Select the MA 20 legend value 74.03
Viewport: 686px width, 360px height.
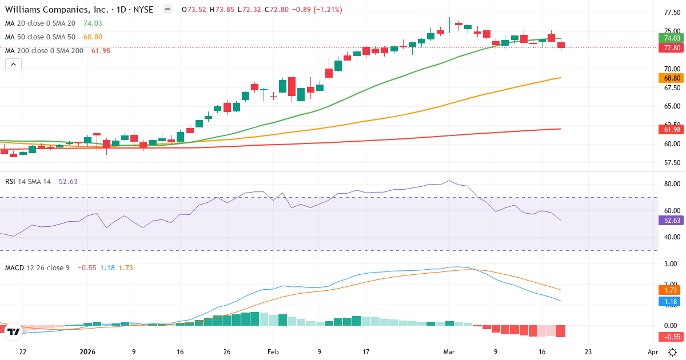coord(93,23)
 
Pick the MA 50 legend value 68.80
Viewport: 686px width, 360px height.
coord(93,37)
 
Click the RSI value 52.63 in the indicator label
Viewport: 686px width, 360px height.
coord(68,181)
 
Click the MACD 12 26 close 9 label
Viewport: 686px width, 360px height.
coord(37,267)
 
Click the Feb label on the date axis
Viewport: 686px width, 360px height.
coord(273,352)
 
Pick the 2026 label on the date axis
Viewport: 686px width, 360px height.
coord(87,352)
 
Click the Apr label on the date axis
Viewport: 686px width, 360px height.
coord(653,352)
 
